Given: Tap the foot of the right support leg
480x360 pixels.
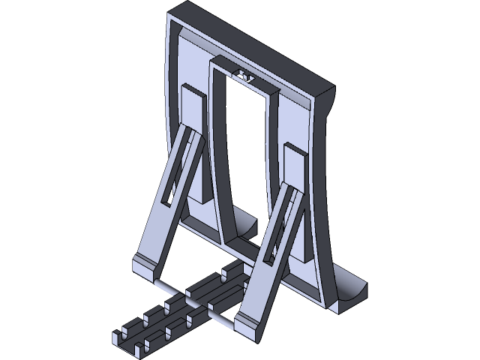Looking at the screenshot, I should [x=247, y=322].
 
